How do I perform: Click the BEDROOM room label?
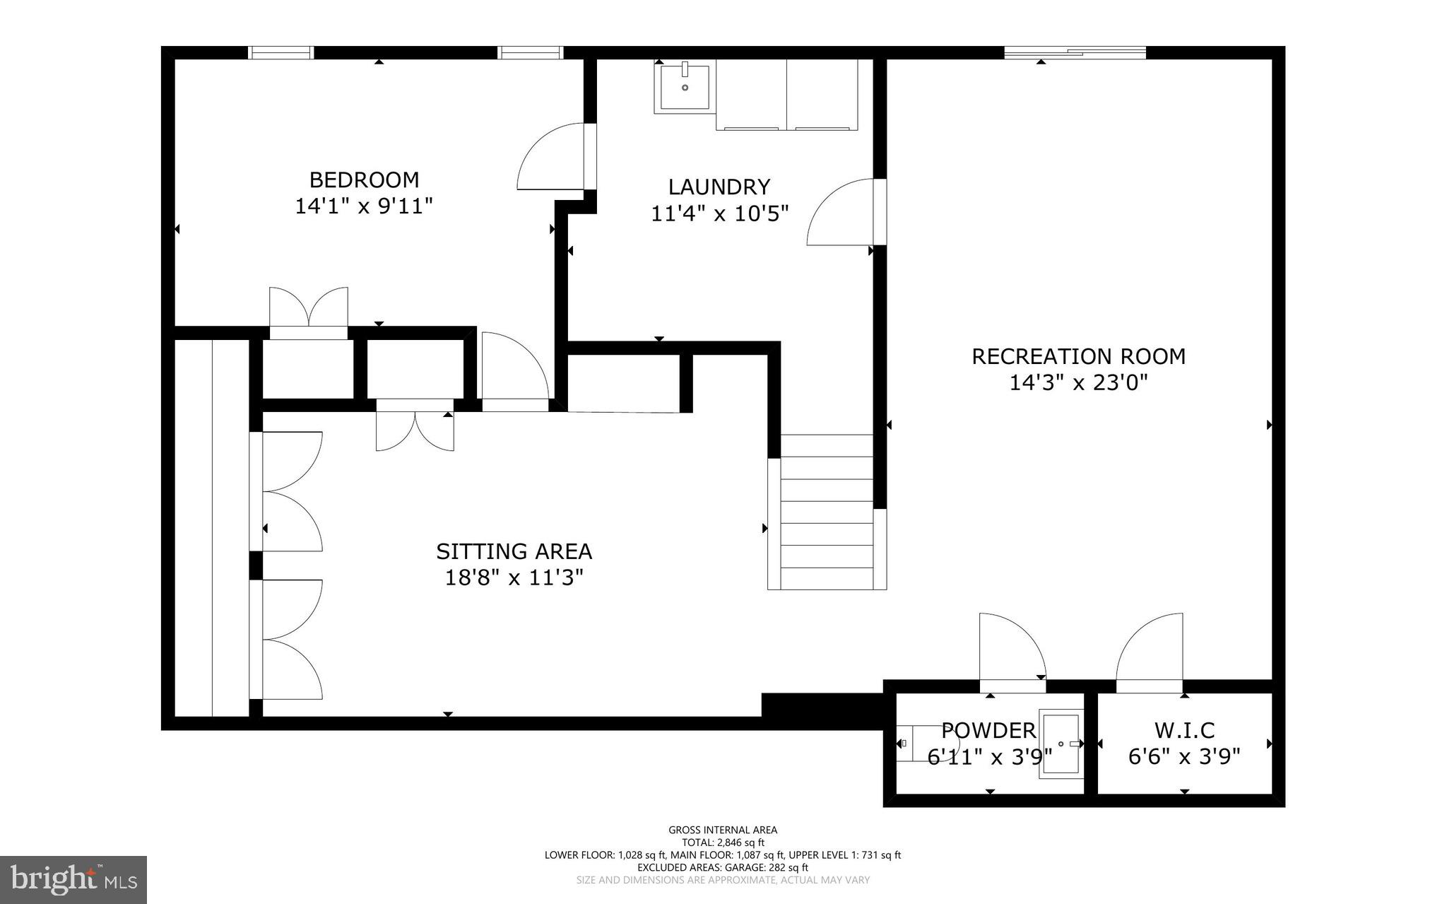coord(364,180)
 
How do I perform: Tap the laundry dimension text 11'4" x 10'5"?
coord(719,213)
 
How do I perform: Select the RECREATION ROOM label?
coord(1078,356)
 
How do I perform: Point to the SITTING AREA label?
coord(514,551)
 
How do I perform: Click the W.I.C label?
coord(1184,730)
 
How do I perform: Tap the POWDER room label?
coord(988,730)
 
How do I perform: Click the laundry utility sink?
coord(685,86)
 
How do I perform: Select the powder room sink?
coord(1061,744)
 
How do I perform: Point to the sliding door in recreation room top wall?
coord(1075,52)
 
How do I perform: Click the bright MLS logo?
coord(73,879)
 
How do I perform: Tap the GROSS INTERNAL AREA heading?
coord(722,830)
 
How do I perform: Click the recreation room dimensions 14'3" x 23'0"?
coord(1078,383)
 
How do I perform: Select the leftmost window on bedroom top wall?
coord(280,52)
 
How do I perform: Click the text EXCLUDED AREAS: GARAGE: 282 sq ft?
coord(722,867)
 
